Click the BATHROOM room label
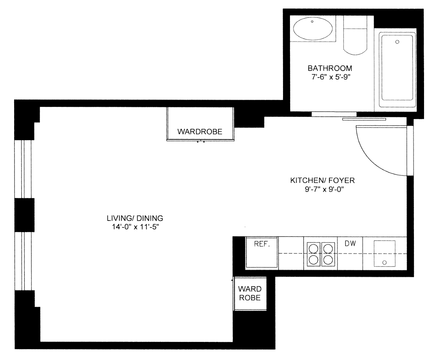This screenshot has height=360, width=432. (330, 68)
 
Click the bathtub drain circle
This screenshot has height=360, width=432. (397, 42)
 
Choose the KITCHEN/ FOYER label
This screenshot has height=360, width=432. (322, 181)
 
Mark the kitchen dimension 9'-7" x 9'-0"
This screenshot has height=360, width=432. (325, 189)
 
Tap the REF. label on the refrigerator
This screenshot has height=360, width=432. (262, 244)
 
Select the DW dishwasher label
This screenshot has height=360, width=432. (350, 243)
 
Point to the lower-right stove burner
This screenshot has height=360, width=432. (328, 260)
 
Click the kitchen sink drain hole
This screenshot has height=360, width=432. (384, 263)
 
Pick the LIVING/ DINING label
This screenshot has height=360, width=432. (135, 218)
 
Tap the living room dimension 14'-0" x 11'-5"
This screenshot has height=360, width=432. (134, 227)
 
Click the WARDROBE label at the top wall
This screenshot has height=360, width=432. (200, 131)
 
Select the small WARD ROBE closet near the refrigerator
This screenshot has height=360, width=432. (250, 294)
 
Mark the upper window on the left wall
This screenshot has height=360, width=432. (23, 169)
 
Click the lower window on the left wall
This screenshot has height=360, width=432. (23, 261)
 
